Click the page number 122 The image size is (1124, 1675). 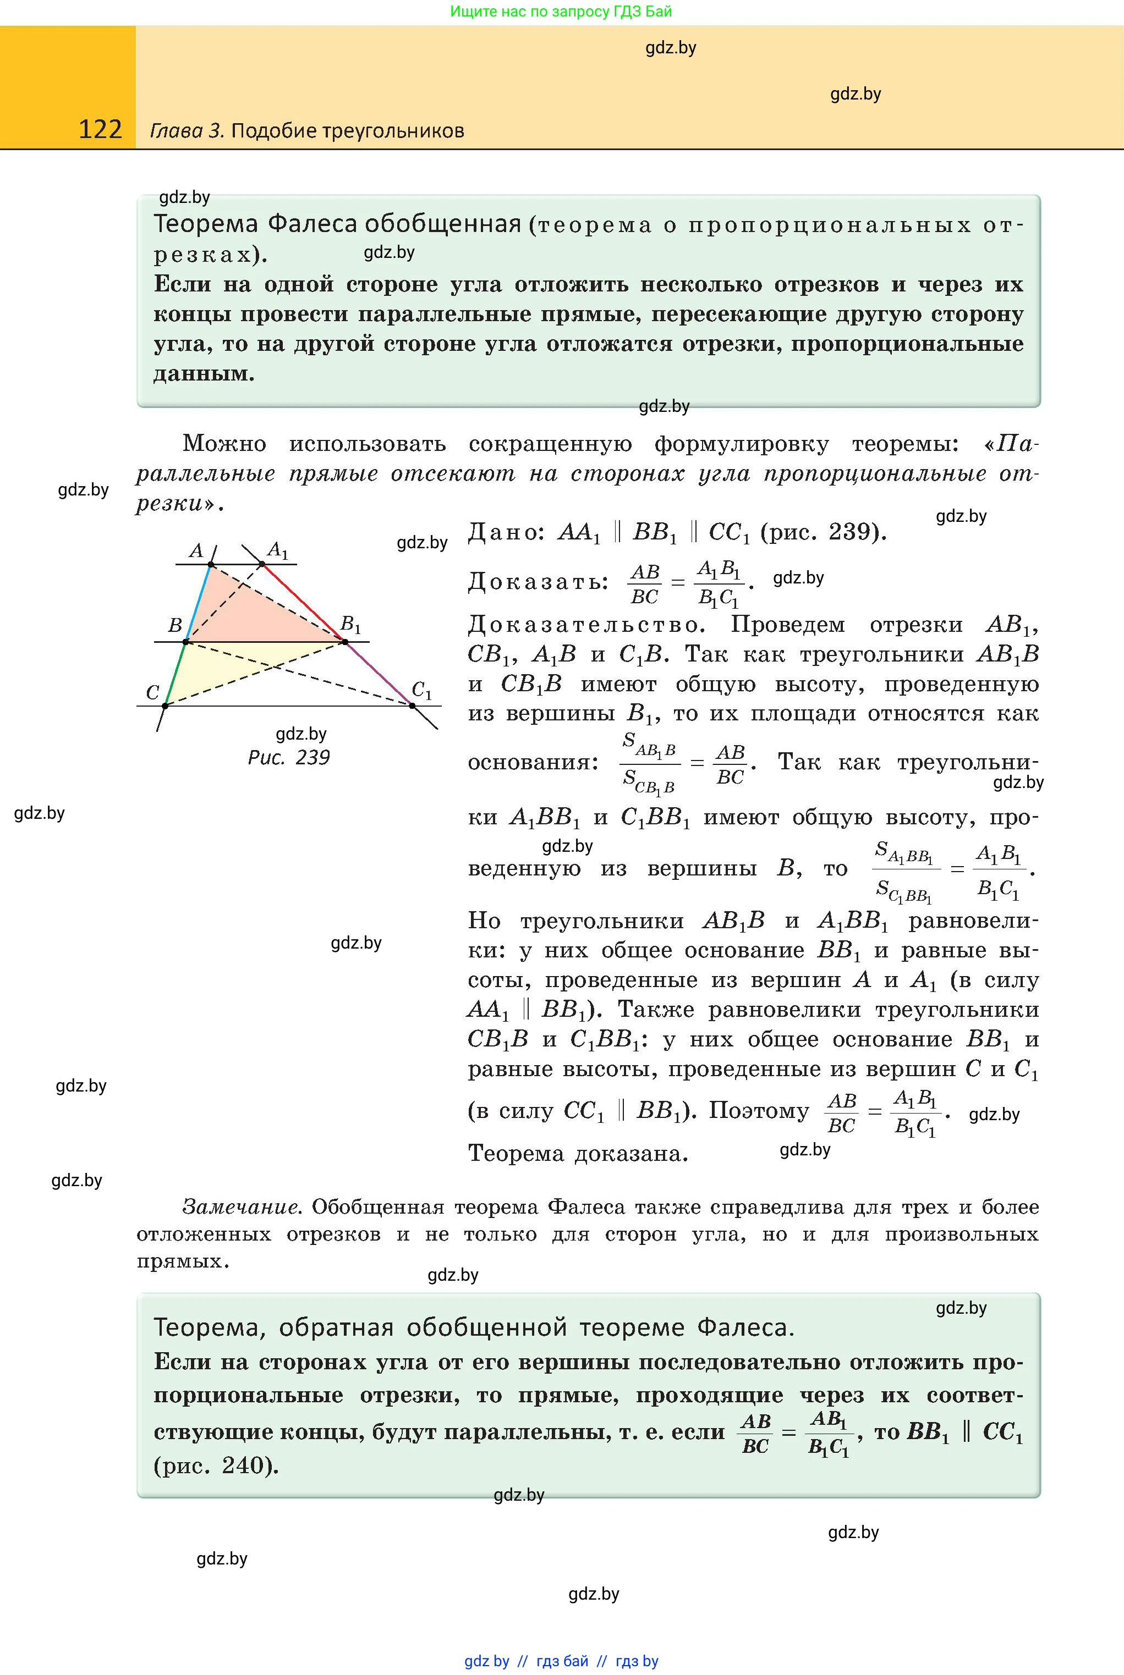(x=100, y=129)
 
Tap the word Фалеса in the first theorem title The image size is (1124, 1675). (x=312, y=224)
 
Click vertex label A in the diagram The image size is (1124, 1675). (x=196, y=550)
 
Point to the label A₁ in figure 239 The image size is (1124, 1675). (x=277, y=550)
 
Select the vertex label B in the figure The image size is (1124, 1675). (x=175, y=625)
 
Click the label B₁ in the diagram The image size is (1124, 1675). (x=350, y=624)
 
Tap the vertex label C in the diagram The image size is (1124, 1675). (x=152, y=693)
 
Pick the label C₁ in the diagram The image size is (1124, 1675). (x=421, y=691)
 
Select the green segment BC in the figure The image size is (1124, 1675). (x=176, y=674)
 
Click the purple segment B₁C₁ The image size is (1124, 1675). (x=379, y=674)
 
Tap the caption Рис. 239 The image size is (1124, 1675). (x=289, y=757)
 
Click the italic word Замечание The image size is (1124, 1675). (x=241, y=1207)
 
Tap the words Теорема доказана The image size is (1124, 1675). (x=578, y=1154)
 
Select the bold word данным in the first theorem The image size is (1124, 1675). (x=204, y=373)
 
